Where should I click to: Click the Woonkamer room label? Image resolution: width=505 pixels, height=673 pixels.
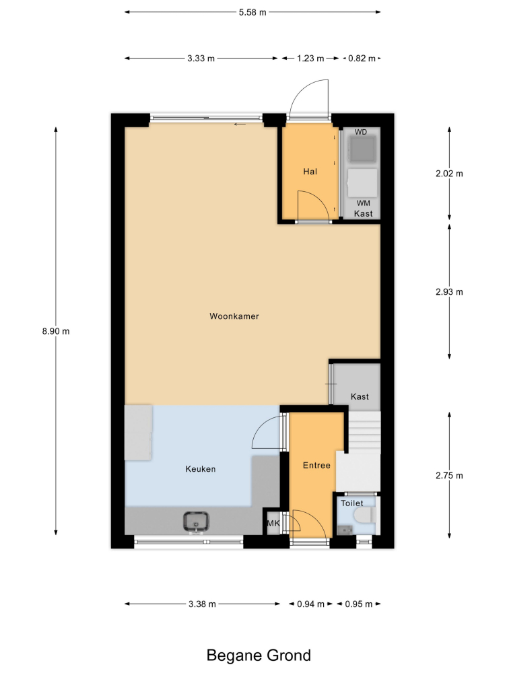pyautogui.click(x=234, y=316)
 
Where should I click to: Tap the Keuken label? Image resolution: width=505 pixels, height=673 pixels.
pyautogui.click(x=201, y=469)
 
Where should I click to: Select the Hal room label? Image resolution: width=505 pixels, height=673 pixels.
pyautogui.click(x=310, y=172)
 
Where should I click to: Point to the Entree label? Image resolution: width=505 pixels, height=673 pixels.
pyautogui.click(x=316, y=465)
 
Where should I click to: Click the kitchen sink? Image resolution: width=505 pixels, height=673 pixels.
pyautogui.click(x=196, y=522)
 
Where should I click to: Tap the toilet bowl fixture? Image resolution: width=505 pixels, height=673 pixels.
pyautogui.click(x=366, y=515)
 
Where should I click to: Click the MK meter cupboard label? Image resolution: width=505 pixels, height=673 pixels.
pyautogui.click(x=273, y=523)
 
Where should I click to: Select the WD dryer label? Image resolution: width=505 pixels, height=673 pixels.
pyautogui.click(x=361, y=132)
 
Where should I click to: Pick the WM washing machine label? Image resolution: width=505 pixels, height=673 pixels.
pyautogui.click(x=364, y=203)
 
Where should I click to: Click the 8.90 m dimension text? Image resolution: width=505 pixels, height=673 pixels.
pyautogui.click(x=56, y=331)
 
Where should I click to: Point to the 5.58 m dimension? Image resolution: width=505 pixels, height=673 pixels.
pyautogui.click(x=252, y=12)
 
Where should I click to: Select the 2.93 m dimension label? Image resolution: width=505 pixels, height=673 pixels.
pyautogui.click(x=449, y=292)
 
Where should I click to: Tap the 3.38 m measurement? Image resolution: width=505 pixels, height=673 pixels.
pyautogui.click(x=202, y=604)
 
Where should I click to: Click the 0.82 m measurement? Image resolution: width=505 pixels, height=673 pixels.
pyautogui.click(x=362, y=59)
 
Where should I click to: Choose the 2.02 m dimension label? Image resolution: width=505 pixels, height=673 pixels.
pyautogui.click(x=449, y=174)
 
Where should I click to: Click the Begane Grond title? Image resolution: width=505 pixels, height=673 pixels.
pyautogui.click(x=259, y=656)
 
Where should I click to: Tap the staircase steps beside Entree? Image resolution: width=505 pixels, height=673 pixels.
pyautogui.click(x=364, y=431)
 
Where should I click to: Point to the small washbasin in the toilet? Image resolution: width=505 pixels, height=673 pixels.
pyautogui.click(x=344, y=530)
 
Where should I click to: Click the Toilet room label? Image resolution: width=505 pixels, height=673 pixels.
pyautogui.click(x=351, y=503)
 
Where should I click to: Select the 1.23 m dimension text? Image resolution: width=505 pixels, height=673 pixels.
pyautogui.click(x=310, y=59)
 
